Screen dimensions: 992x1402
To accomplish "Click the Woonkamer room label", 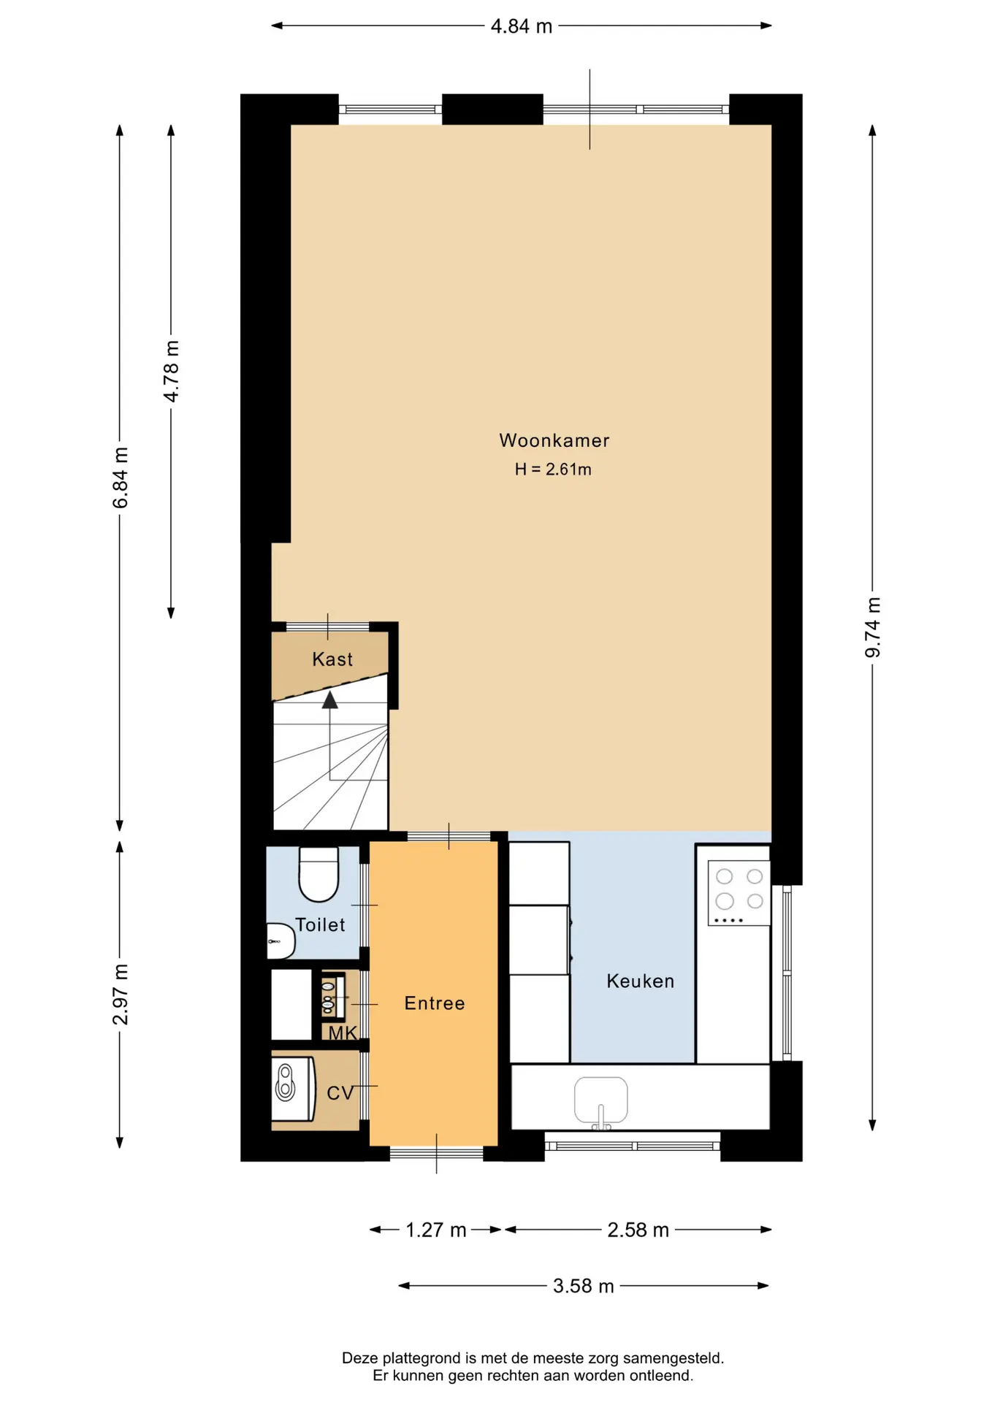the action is pos(554,440).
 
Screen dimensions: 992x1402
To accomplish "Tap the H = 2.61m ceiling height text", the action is pos(553,470).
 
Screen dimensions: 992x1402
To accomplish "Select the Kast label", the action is pos(332,659).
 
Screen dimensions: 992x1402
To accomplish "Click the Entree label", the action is pos(435,1003).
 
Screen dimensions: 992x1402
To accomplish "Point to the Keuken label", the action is pos(640,981).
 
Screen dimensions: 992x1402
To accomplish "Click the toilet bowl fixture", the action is pos(319,874).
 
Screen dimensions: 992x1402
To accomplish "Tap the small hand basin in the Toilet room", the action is pos(281,941).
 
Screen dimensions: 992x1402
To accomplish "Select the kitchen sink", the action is pos(601,1100).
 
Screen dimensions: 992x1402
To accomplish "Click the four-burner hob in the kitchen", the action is pos(739,893).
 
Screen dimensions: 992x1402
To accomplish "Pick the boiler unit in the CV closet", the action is pos(292,1089).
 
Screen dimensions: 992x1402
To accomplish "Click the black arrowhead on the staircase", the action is pos(330,700).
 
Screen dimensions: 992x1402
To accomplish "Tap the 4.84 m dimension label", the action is pos(522,26).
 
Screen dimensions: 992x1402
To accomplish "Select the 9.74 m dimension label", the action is pos(873,627).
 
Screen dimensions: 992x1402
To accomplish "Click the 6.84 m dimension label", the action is pos(121,478).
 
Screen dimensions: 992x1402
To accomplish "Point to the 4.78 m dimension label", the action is pos(171,372).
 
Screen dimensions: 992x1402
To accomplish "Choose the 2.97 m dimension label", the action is pos(121,995).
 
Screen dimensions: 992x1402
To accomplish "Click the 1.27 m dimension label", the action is pos(436,1230).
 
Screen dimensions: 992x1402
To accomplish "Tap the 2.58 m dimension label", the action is pos(638,1230).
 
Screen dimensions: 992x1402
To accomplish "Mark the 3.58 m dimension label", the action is pos(584,1286).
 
